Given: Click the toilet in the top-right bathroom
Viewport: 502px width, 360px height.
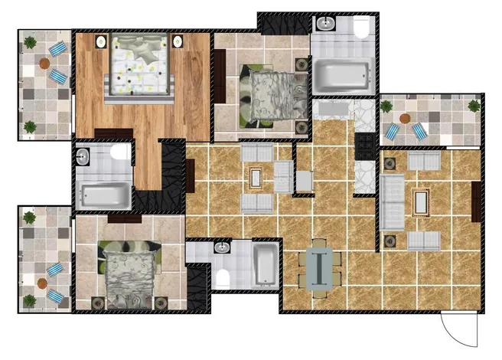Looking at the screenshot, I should [x=360, y=29].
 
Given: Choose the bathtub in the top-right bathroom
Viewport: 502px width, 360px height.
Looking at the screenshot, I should [x=343, y=74].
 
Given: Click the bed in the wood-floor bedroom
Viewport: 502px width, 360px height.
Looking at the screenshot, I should [x=138, y=65].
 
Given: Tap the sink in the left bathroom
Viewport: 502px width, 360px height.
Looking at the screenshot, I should [x=83, y=156].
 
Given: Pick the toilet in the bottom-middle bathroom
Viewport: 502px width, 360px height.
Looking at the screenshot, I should [x=223, y=277].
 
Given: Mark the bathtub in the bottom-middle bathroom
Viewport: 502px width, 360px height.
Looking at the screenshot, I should [x=265, y=264].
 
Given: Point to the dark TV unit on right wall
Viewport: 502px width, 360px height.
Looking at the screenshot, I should [x=476, y=201].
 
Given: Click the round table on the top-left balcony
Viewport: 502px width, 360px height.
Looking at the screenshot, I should [x=47, y=64].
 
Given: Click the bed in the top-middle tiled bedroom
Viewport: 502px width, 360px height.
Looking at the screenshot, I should [x=268, y=96].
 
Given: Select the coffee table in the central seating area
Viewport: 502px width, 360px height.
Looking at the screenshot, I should [x=256, y=178].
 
